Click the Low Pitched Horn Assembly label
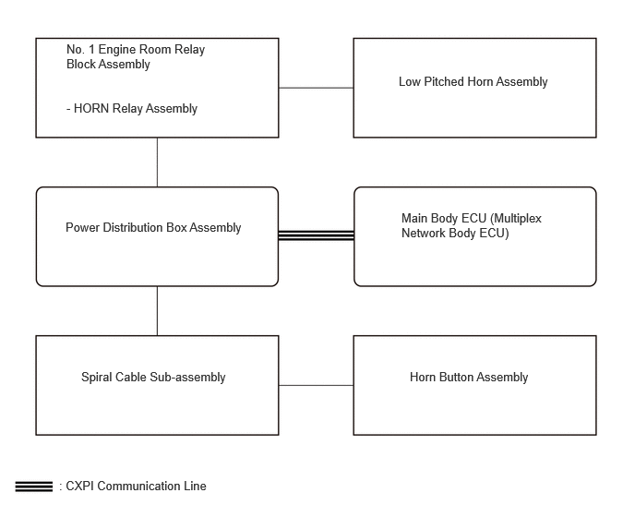tap(473, 82)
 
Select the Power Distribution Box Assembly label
tap(153, 228)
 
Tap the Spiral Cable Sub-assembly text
tap(153, 378)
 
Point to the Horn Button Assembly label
tap(469, 378)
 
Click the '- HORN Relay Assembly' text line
tap(132, 109)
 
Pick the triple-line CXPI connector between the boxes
tap(317, 235)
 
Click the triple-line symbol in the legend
tap(34, 487)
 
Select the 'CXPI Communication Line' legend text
tap(136, 487)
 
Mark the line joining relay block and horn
tap(317, 88)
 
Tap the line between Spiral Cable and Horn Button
tap(317, 385)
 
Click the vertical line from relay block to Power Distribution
tap(157, 162)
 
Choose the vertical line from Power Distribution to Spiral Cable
tap(157, 311)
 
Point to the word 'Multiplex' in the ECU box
tap(516, 219)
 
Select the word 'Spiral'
tap(96, 378)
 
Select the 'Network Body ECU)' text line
tap(455, 234)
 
